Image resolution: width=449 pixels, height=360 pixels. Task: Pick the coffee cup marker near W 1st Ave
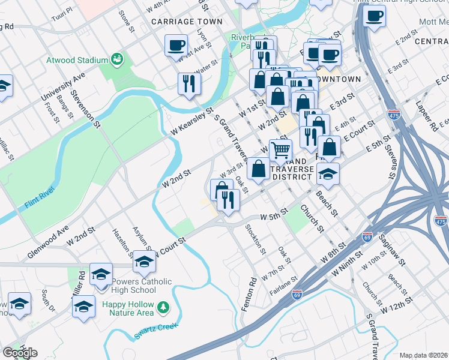pyautogui.click(x=176, y=46)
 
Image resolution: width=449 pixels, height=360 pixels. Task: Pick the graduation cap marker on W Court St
pyautogui.click(x=143, y=262)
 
